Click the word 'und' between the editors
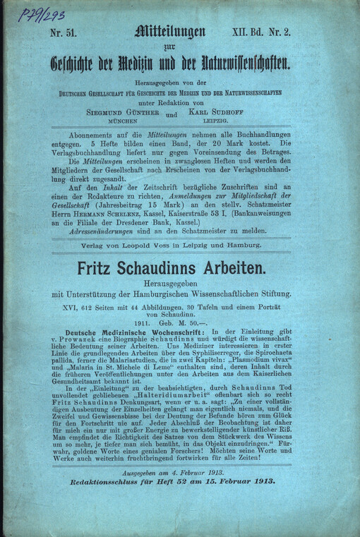(182, 115)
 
